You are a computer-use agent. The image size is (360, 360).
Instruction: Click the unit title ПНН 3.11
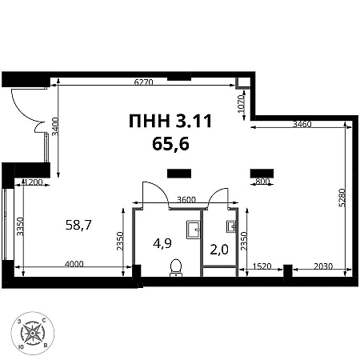pos(170,121)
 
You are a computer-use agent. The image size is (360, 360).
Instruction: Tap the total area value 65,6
pos(170,144)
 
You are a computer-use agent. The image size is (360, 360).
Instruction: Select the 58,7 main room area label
pos(78,225)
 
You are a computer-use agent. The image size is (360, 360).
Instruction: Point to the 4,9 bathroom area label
pos(162,243)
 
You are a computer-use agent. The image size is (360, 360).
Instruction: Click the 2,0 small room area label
pos(219,250)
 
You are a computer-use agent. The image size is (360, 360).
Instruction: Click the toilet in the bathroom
pos(176,267)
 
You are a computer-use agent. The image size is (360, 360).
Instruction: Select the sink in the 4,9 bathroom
pos(193,230)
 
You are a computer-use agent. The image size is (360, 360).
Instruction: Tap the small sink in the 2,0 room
pos(231,226)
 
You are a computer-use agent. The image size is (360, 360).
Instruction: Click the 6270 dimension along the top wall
pos(143,82)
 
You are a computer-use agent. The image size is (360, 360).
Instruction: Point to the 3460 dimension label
pos(302,124)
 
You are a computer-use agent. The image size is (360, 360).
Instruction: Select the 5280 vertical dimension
pos(342,198)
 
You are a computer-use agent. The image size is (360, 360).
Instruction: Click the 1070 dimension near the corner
pos(241,104)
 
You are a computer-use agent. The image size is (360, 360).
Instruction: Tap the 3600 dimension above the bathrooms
pos(186,199)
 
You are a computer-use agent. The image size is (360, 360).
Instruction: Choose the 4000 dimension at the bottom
pos(74,264)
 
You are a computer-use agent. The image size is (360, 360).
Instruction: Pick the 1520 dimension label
pos(262,266)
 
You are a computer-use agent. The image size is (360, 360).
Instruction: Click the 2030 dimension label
pos(323,266)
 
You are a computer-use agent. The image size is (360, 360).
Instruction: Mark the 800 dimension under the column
pos(262,182)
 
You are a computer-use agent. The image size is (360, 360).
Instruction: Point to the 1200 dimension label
pos(34,182)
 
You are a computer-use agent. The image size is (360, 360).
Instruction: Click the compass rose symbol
pos(33,334)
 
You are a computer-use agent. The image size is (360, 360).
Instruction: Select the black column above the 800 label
pos(262,174)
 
